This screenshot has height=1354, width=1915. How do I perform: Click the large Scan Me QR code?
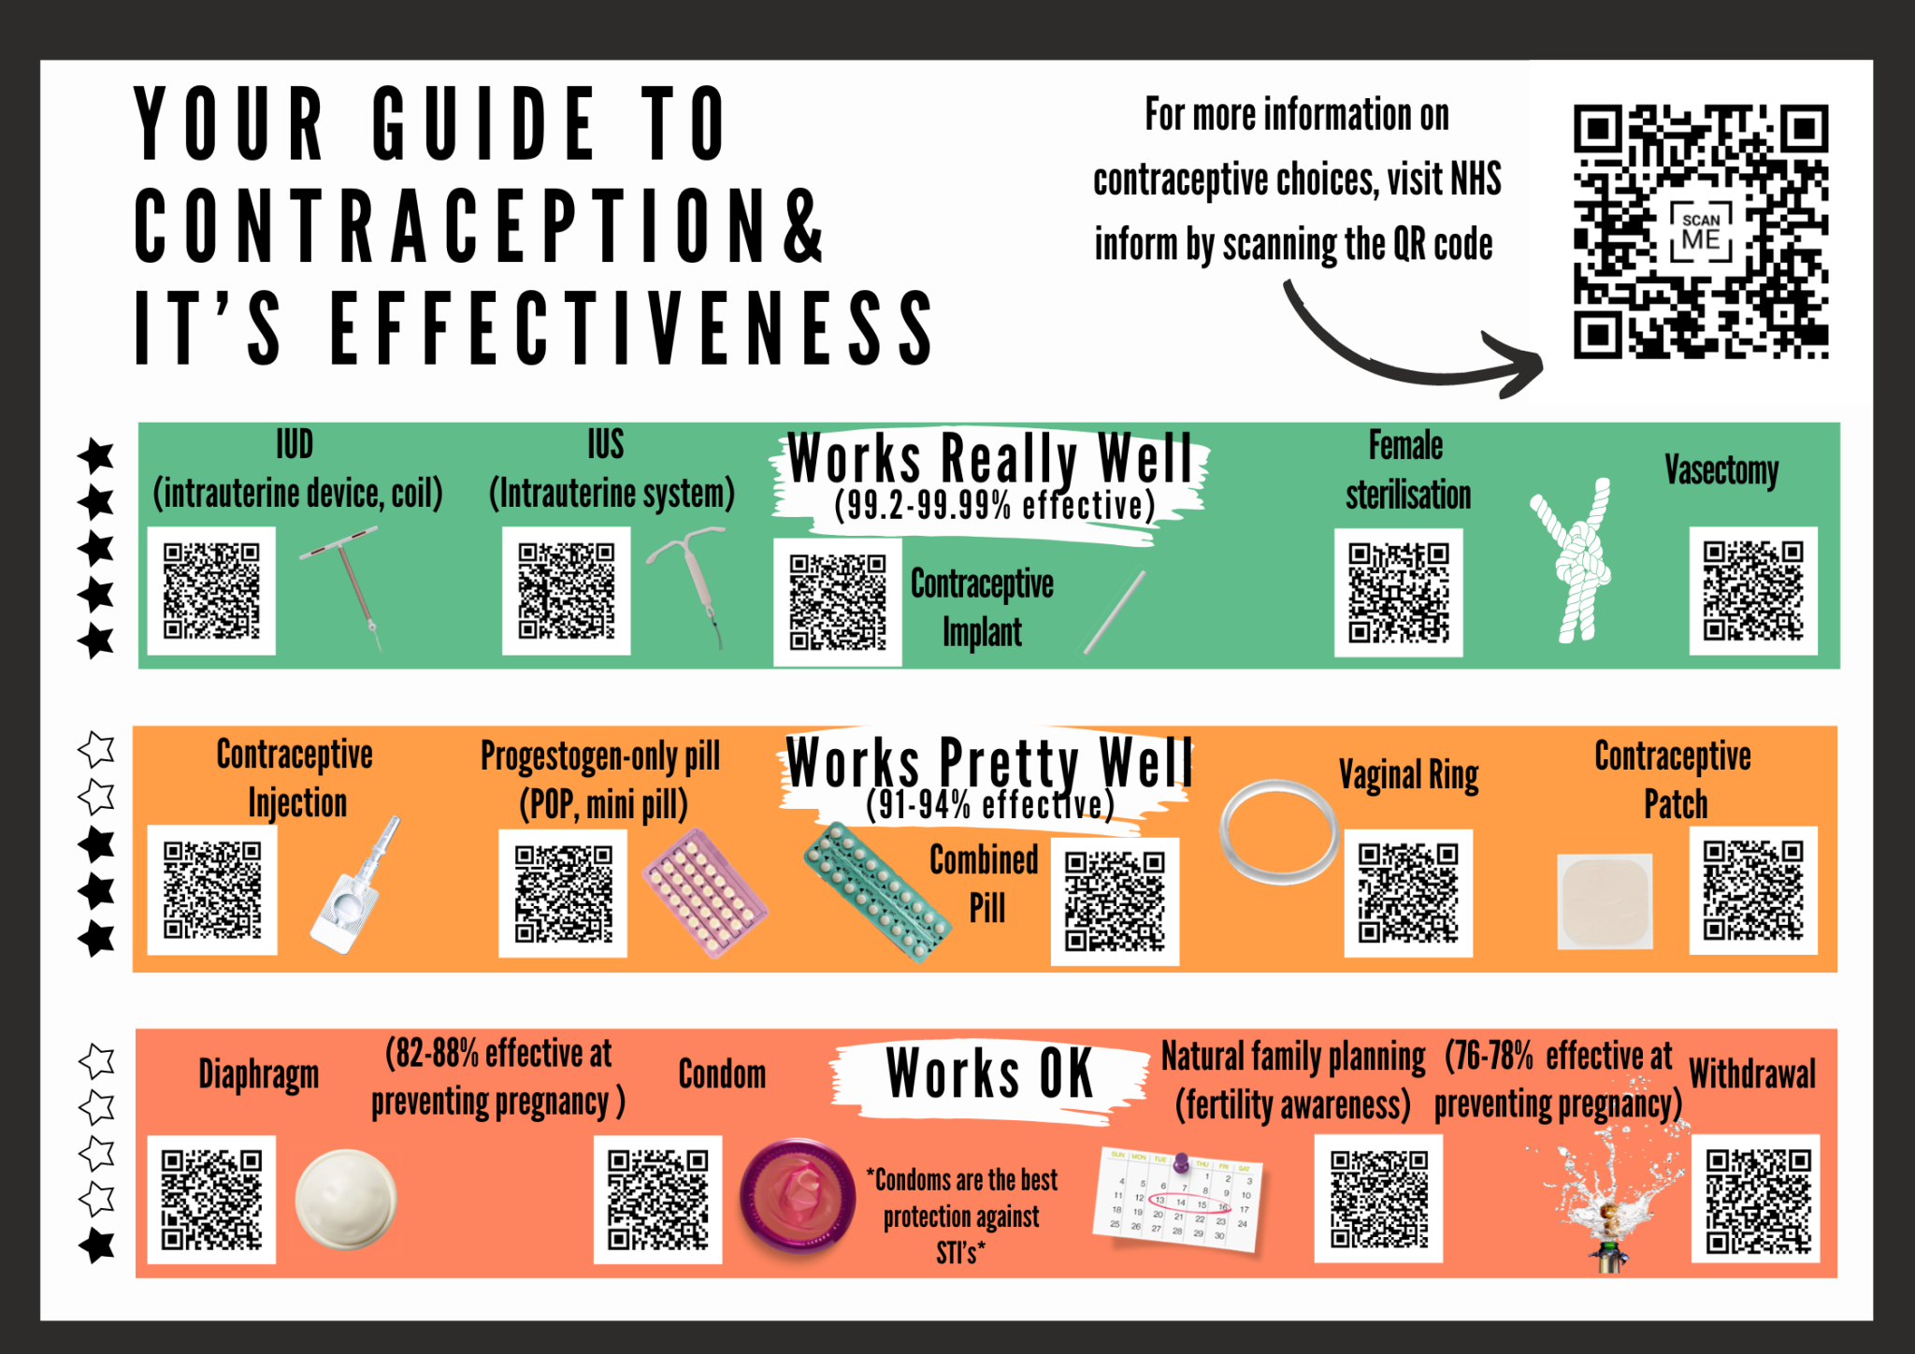tap(1701, 232)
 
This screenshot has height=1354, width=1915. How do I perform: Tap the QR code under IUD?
tap(211, 590)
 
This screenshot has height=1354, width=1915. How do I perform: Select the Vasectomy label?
tap(1721, 470)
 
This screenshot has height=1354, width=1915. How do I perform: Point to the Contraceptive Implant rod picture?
tap(1115, 612)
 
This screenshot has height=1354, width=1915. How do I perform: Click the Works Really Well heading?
tap(990, 458)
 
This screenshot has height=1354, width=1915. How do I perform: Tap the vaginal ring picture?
tap(1279, 832)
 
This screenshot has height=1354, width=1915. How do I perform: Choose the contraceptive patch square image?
tap(1605, 900)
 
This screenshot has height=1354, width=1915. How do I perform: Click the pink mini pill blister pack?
tap(705, 893)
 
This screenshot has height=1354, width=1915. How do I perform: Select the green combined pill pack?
tap(876, 892)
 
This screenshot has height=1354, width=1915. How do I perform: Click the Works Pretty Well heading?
tap(989, 762)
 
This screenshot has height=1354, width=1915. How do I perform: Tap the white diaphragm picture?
tap(346, 1200)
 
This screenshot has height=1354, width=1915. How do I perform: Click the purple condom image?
tap(798, 1196)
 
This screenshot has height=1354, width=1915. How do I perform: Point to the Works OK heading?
tap(989, 1073)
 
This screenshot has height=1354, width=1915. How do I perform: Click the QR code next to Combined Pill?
tap(1115, 900)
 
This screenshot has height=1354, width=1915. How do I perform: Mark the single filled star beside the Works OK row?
tap(97, 1245)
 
